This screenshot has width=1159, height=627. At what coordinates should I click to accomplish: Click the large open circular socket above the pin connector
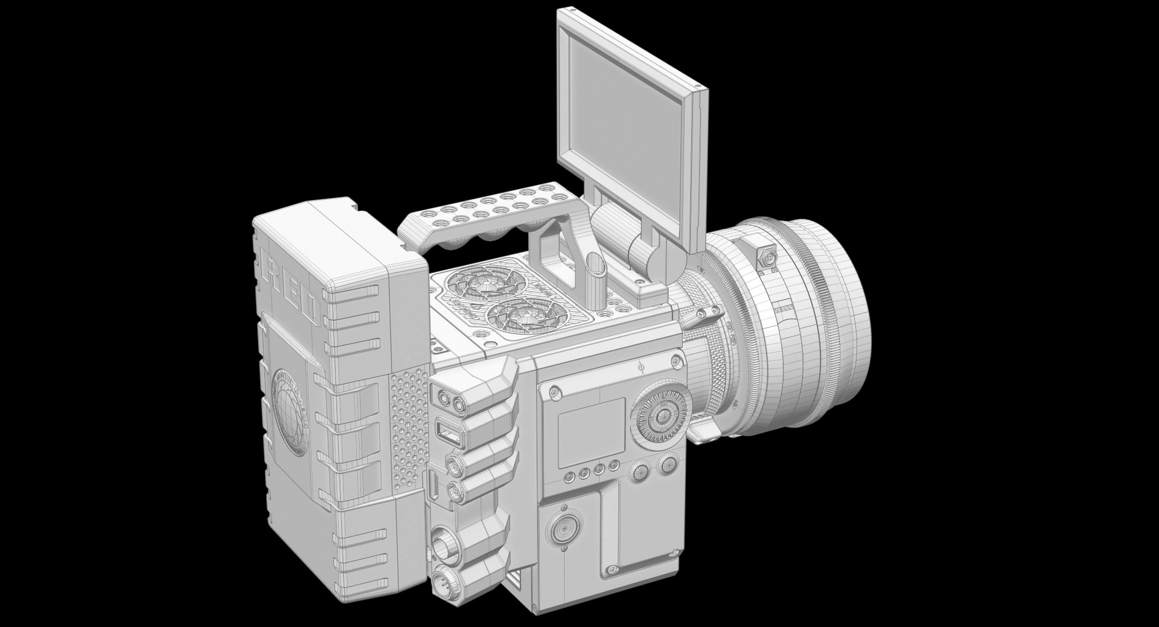[x=445, y=544]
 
